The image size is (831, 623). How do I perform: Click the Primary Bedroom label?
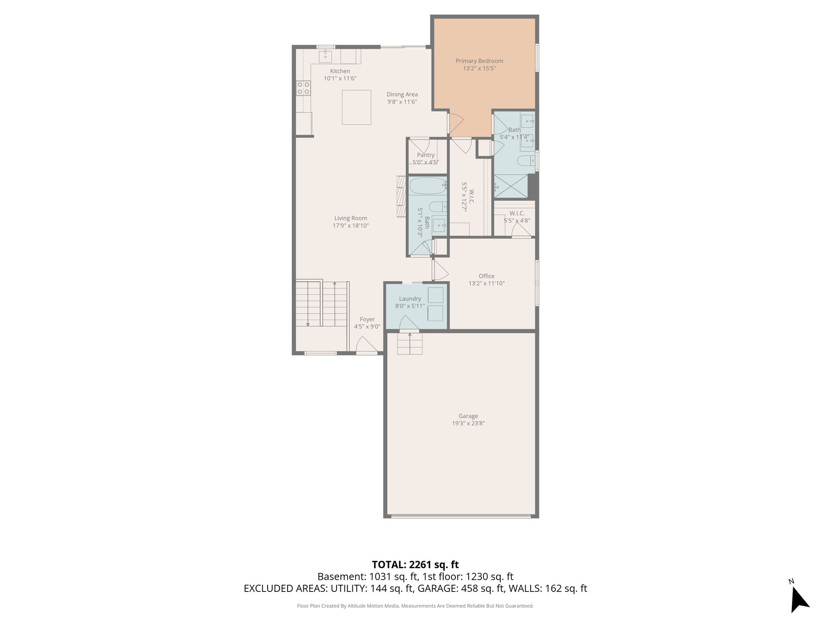[479, 61]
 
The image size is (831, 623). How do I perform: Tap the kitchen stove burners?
[303, 88]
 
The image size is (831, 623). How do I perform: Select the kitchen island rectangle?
[356, 107]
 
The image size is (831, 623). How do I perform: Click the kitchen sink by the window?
[325, 56]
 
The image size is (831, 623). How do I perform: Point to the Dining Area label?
[402, 94]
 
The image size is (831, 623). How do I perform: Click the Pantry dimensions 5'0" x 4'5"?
[425, 162]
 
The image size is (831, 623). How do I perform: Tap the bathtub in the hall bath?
[428, 186]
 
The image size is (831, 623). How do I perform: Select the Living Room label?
[351, 218]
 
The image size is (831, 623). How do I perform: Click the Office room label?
[487, 276]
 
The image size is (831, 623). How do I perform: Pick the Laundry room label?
[410, 299]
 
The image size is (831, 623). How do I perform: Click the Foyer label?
[367, 319]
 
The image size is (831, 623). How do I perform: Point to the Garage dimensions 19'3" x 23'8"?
[468, 424]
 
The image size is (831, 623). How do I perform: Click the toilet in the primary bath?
[526, 161]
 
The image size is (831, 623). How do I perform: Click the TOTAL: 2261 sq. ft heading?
[415, 564]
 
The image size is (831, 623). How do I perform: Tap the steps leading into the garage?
[410, 343]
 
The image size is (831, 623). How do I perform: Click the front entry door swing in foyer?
[366, 344]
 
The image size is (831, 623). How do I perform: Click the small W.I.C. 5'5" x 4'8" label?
[517, 217]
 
